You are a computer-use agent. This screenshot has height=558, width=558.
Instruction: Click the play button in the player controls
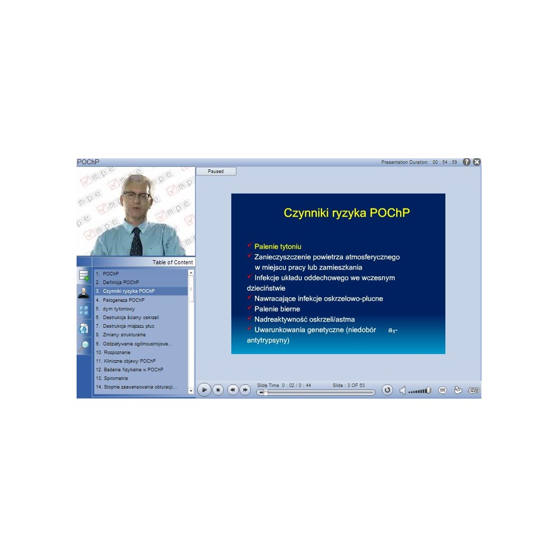pyautogui.click(x=204, y=390)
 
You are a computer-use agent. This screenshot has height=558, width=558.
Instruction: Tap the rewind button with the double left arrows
pyautogui.click(x=233, y=390)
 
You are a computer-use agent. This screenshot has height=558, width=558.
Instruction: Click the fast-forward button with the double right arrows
pyautogui.click(x=245, y=390)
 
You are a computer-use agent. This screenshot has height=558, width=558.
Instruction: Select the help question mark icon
pyautogui.click(x=467, y=162)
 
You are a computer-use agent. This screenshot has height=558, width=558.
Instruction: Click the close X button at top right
pyautogui.click(x=477, y=162)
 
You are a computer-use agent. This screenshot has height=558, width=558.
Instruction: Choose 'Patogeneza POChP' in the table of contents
pyautogui.click(x=123, y=300)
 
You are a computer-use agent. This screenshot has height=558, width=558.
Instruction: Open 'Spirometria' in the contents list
pyautogui.click(x=116, y=378)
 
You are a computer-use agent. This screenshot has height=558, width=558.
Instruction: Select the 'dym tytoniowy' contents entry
pyautogui.click(x=119, y=309)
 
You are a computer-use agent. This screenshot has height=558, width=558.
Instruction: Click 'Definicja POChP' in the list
pyautogui.click(x=121, y=282)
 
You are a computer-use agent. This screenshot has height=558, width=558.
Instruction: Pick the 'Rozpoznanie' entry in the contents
pyautogui.click(x=117, y=353)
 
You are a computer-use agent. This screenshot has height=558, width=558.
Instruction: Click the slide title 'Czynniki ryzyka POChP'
pyautogui.click(x=346, y=213)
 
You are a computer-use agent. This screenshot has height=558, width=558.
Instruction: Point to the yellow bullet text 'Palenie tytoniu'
pyautogui.click(x=278, y=247)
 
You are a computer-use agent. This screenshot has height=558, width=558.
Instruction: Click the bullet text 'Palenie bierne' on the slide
pyautogui.click(x=277, y=309)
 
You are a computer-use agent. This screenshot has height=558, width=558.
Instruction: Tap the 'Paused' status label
pyautogui.click(x=216, y=171)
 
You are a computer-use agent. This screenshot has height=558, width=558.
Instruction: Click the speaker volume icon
pyautogui.click(x=402, y=391)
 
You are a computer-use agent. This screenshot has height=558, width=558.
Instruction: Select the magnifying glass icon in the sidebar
pyautogui.click(x=84, y=346)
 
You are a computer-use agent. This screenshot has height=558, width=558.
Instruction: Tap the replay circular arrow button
pyautogui.click(x=387, y=390)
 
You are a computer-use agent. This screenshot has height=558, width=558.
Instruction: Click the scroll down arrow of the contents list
pyautogui.click(x=191, y=391)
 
